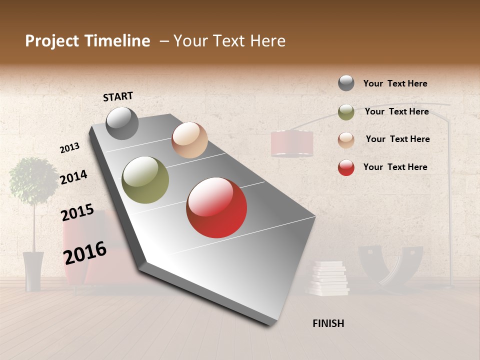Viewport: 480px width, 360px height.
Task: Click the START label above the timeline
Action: tap(118, 96)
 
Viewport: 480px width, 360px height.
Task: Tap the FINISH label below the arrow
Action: tap(328, 323)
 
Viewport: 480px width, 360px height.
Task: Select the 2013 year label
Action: tap(69, 148)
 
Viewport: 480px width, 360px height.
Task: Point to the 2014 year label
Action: tap(73, 177)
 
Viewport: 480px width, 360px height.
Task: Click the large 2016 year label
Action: tap(85, 252)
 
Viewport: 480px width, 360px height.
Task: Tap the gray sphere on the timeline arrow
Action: tap(122, 123)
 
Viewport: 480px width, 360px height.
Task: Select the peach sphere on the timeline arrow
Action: tap(189, 140)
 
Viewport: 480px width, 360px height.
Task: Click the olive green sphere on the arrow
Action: tap(145, 180)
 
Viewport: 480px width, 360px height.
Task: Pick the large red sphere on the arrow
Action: tap(216, 207)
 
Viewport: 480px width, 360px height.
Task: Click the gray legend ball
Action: tap(346, 83)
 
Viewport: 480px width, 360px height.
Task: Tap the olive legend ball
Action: tap(346, 112)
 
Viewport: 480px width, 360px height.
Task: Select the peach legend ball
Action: tap(346, 140)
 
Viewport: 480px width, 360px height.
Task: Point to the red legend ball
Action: tap(346, 167)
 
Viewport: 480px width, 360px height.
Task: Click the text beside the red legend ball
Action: tap(395, 167)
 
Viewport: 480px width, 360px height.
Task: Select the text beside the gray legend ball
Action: tap(395, 83)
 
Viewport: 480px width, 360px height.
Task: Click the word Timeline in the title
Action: tap(117, 41)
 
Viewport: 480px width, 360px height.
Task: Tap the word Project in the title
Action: tap(52, 41)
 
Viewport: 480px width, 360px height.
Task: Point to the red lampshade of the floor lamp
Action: tap(292, 143)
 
